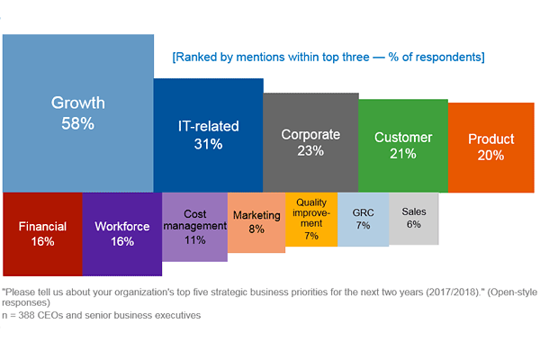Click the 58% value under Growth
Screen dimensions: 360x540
coord(77,123)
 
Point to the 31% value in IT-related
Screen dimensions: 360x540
coord(208,143)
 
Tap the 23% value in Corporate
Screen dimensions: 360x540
coord(310,151)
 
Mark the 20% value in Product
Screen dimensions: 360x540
coord(490,155)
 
